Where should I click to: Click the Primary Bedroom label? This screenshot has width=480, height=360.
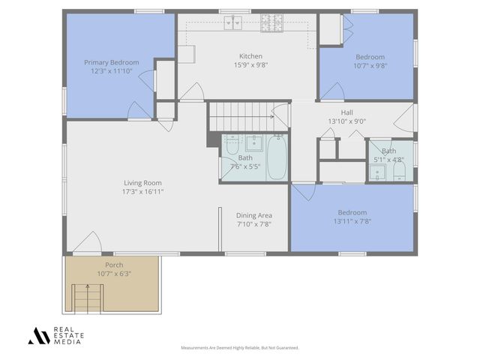(111, 62)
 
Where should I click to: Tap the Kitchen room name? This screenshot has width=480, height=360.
(250, 56)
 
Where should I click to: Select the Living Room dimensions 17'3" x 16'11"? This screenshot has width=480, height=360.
(142, 192)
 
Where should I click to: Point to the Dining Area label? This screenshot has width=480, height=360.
(254, 215)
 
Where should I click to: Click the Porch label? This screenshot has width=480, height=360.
(114, 265)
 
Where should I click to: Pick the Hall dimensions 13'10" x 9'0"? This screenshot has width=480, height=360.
(346, 121)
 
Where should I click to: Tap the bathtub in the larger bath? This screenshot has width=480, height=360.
(277, 157)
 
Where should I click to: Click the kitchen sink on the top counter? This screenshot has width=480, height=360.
(233, 25)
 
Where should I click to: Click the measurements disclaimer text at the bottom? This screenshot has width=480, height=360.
(240, 348)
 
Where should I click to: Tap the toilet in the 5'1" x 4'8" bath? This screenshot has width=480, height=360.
(398, 172)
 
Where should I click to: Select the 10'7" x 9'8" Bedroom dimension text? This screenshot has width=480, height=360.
(370, 66)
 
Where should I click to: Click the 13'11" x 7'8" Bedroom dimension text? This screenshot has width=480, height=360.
(352, 221)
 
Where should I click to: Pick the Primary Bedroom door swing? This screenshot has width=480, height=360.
(139, 110)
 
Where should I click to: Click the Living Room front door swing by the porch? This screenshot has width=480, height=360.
(88, 242)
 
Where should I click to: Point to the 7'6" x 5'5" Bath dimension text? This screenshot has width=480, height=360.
(245, 166)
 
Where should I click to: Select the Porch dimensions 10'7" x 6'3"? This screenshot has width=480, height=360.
(114, 274)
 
